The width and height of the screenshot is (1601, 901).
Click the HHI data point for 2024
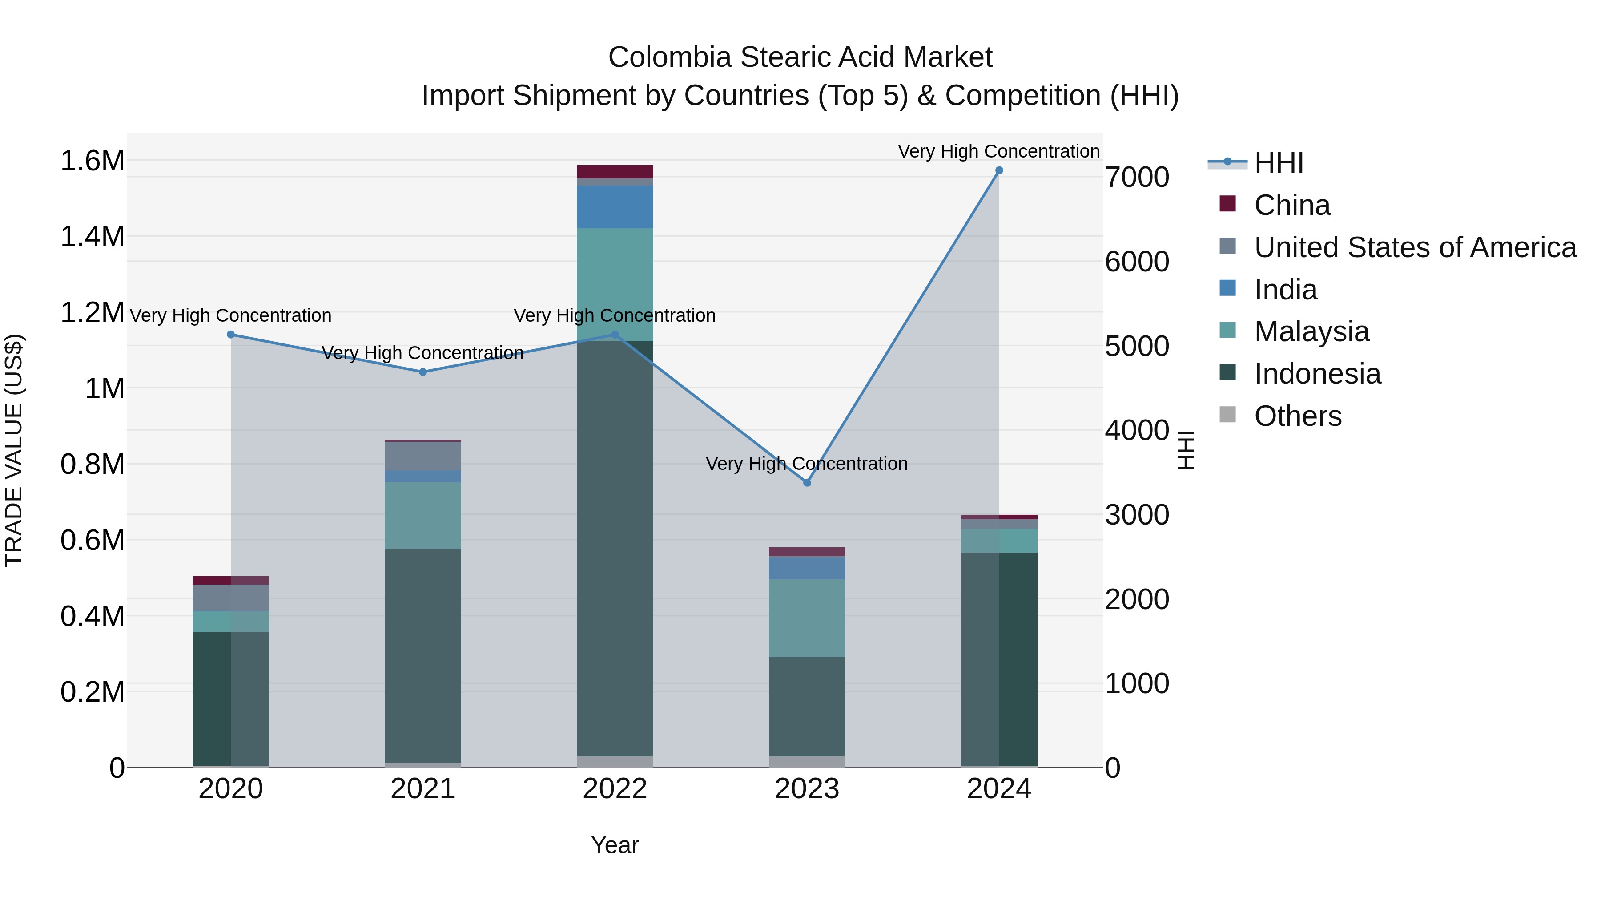(999, 170)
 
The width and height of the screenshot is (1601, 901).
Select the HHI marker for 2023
(807, 482)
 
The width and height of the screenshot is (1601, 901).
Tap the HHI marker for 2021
(422, 372)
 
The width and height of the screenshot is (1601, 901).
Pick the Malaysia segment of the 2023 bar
(807, 618)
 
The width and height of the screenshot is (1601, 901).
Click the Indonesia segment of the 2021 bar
(422, 655)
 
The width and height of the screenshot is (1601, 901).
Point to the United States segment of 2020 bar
(230, 598)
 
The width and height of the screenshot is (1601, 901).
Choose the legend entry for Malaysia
(1311, 331)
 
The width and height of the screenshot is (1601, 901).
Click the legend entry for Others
(1298, 416)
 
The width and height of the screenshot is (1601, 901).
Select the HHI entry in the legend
(1279, 163)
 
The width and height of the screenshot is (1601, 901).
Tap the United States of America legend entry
(1415, 247)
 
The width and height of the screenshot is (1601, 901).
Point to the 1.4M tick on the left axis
(92, 237)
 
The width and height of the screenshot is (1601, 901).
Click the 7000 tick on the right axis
(1137, 177)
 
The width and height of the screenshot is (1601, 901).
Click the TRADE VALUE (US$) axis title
(14, 450)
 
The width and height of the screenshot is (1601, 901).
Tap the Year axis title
(615, 845)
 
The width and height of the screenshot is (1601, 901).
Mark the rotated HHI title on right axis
(1185, 450)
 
